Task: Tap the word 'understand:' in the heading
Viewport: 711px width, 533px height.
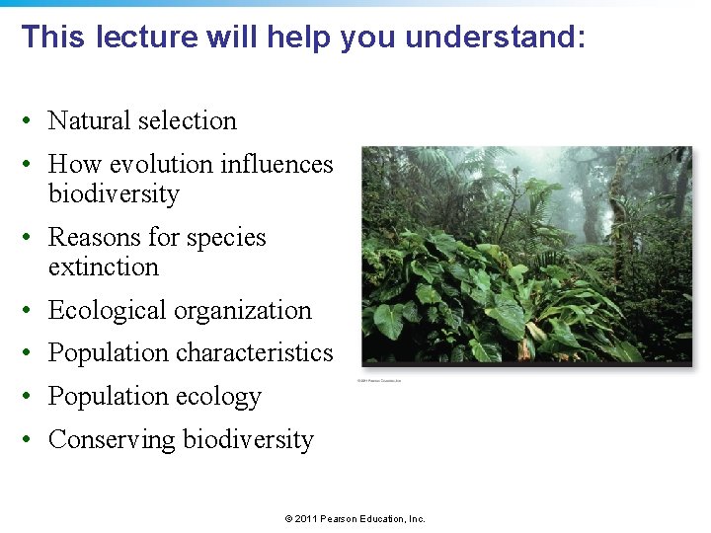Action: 495,38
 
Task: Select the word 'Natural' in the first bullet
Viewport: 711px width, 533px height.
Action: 90,120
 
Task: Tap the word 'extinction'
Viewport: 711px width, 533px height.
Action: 103,266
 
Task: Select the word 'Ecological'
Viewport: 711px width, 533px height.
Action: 109,310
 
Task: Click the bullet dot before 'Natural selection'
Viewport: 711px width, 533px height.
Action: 33,121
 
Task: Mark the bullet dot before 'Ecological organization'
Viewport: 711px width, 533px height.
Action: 33,311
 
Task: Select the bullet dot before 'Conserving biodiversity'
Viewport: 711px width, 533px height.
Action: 33,440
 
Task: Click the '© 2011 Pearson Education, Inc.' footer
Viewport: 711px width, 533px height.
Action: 355,519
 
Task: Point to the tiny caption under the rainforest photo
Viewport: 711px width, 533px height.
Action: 379,380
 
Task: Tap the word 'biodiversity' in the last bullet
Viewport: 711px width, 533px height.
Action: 248,439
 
